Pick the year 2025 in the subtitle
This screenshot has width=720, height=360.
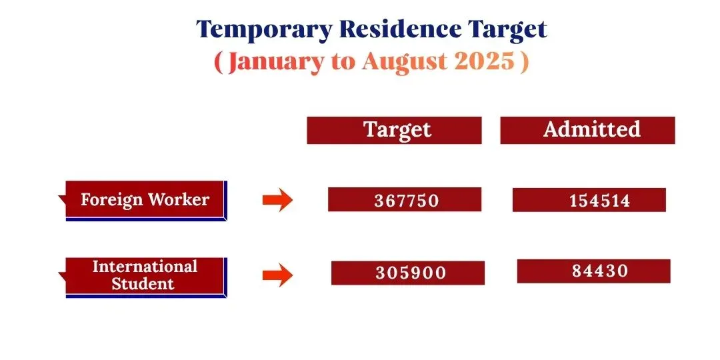(x=485, y=62)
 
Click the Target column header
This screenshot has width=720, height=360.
(x=397, y=129)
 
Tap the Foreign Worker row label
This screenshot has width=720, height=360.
(x=145, y=199)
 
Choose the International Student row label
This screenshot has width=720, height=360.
(x=145, y=275)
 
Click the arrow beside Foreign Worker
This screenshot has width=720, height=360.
(x=277, y=200)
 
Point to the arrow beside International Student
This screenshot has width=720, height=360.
(x=277, y=275)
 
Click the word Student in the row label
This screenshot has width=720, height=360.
(x=143, y=283)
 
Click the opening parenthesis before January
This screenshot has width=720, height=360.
(x=219, y=62)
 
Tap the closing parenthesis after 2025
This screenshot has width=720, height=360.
(x=525, y=62)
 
